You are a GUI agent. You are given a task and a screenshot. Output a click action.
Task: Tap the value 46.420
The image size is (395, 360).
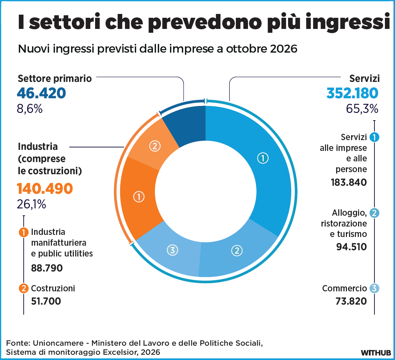[x=41, y=93]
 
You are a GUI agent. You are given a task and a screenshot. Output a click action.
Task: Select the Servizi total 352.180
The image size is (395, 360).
[x=352, y=93]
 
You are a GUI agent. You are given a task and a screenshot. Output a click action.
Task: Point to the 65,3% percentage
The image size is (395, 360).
[x=362, y=109]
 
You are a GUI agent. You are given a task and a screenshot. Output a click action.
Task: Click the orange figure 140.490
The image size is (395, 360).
[x=45, y=188]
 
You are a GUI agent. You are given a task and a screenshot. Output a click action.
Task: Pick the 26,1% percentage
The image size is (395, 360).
[x=31, y=204]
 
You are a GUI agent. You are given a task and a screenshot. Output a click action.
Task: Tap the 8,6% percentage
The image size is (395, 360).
[x=30, y=109]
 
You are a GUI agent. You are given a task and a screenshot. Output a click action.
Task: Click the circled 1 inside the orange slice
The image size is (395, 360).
[x=139, y=197]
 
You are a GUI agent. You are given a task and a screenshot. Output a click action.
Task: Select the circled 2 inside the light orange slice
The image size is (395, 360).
[x=155, y=146]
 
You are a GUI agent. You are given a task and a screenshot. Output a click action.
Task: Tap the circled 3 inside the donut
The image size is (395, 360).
[x=172, y=250]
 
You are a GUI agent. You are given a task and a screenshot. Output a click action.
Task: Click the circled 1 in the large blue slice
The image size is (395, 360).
[x=263, y=158]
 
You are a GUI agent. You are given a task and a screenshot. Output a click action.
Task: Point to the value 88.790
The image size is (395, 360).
[x=47, y=268]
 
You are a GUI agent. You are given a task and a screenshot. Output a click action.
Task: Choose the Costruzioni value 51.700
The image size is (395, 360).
[x=46, y=301]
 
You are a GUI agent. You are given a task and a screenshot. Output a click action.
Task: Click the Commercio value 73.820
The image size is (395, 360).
[x=351, y=301]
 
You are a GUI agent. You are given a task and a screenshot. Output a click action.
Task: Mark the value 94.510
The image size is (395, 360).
[x=352, y=247]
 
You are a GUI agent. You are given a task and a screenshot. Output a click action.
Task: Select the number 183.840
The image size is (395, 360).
[x=349, y=182]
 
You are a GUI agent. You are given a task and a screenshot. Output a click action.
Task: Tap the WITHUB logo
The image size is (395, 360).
[x=375, y=352]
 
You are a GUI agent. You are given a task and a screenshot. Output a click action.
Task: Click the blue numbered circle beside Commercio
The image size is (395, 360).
[x=374, y=288]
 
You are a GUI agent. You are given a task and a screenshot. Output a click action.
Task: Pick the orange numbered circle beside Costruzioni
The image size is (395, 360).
[x=24, y=288]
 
